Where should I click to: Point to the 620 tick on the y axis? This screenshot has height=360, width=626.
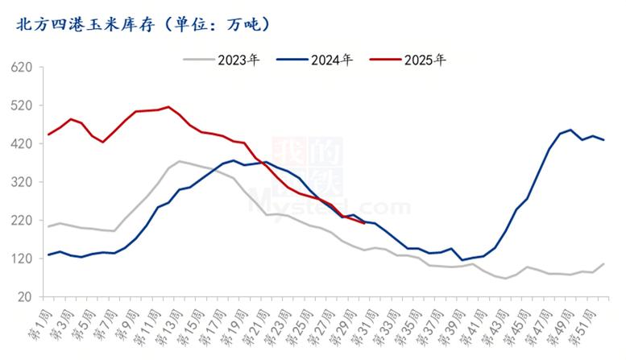[x=23, y=68]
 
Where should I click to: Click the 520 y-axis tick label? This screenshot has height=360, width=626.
[x=23, y=106]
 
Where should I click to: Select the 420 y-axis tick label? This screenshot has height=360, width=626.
[x=23, y=144]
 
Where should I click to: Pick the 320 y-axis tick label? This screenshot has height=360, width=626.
[x=23, y=182]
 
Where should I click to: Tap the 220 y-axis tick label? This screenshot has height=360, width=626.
[x=23, y=221]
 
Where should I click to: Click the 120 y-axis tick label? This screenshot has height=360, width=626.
[x=23, y=259]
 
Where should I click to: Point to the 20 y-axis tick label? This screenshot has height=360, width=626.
[x=27, y=297]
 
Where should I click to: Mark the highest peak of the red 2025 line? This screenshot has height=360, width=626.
[x=168, y=106]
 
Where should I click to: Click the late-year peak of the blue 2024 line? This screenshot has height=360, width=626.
[x=570, y=130]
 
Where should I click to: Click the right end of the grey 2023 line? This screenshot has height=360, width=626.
[x=603, y=263]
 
